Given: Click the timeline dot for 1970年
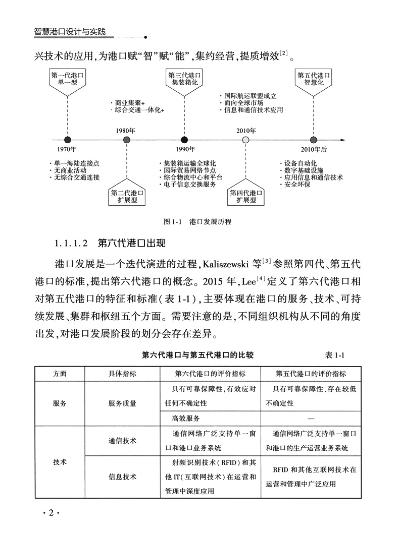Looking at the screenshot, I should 67,140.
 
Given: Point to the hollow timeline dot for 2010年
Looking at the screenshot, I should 245,140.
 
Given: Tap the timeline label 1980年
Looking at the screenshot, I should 126,130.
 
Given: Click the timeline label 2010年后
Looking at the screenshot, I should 314,150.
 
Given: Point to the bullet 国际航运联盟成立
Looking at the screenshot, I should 251,95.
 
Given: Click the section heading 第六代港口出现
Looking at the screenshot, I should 130,244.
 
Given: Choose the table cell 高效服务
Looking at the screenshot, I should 186,418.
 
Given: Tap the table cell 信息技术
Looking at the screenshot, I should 122,477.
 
